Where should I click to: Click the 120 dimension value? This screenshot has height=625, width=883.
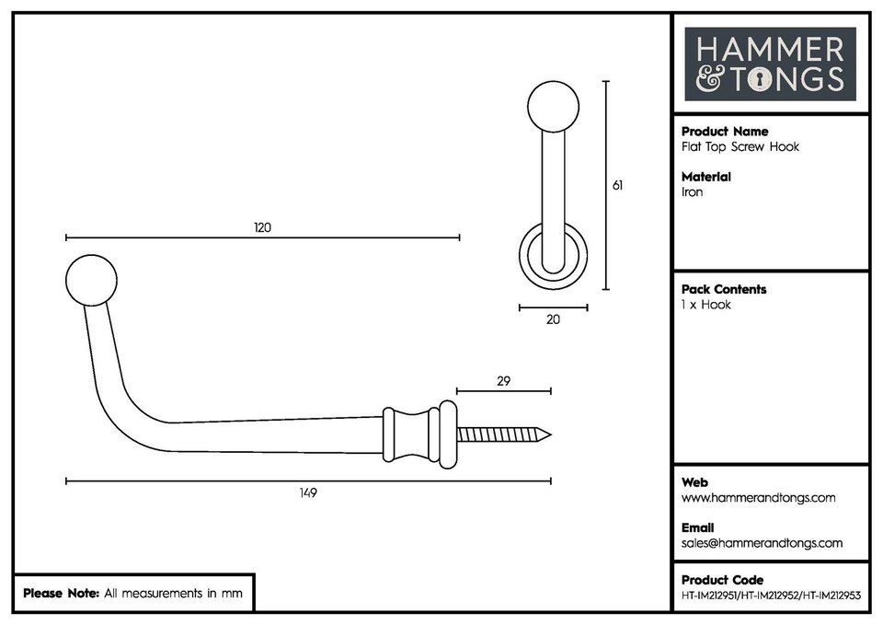point(263,228)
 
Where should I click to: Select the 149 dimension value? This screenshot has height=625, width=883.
point(308,493)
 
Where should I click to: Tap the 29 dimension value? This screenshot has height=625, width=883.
point(503,380)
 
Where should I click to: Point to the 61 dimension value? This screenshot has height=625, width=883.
point(617,185)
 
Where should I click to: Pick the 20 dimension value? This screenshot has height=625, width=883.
point(553,319)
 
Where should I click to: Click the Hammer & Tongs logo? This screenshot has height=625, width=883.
point(770,64)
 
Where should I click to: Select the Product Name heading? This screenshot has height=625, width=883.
point(725,132)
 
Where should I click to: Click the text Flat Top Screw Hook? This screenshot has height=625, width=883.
point(740,147)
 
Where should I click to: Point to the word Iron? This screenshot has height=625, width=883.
point(692,192)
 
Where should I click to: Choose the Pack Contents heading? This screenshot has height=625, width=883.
point(724,289)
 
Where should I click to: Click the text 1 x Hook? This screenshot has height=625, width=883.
point(706,305)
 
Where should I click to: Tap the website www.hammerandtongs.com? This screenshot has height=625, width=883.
point(759,498)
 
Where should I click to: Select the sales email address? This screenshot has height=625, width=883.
point(762,543)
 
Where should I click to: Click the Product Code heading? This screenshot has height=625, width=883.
point(722,580)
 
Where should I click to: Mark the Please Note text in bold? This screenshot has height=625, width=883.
point(61,594)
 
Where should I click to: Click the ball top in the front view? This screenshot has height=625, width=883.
point(554,107)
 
